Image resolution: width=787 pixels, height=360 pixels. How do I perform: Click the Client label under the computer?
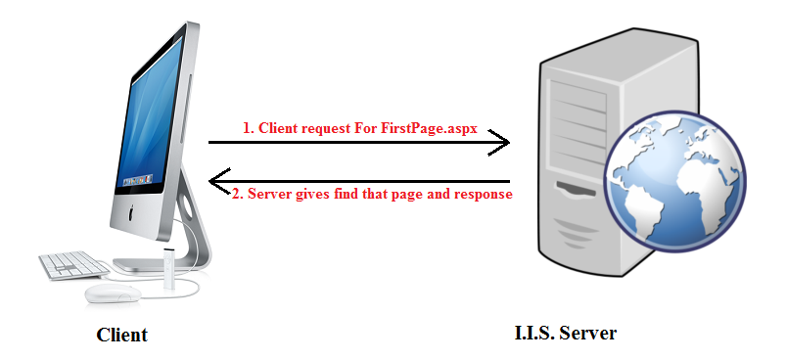(x=121, y=336)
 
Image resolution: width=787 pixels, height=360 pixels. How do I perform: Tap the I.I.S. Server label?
(x=565, y=334)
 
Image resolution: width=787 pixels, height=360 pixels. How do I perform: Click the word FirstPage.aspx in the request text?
(x=435, y=129)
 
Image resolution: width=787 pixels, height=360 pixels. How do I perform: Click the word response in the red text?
(x=478, y=194)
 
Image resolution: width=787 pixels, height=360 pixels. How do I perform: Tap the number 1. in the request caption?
(x=249, y=129)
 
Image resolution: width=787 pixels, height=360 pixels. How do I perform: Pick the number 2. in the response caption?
(x=237, y=194)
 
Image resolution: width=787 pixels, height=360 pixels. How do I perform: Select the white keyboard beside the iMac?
(x=74, y=264)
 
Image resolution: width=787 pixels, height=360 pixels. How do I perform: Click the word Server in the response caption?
(x=271, y=194)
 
